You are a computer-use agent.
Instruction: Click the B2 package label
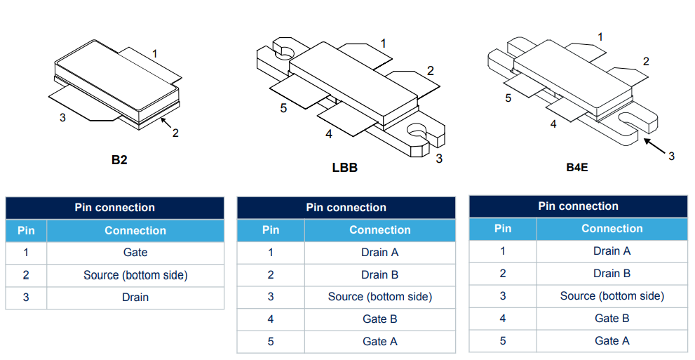tap(119, 160)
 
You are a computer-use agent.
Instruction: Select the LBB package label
tap(344, 168)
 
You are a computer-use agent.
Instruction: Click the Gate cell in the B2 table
tap(135, 253)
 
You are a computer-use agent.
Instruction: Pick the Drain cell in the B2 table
tap(135, 298)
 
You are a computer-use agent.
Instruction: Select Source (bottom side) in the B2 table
tap(135, 275)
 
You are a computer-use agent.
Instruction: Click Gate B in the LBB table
tap(379, 319)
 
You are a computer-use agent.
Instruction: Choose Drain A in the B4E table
tap(612, 251)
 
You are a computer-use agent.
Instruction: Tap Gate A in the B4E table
tap(612, 340)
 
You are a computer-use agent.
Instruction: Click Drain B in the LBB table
tap(379, 274)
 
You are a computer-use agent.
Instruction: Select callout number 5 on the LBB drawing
tap(283, 108)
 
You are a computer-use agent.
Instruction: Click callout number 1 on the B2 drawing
tap(154, 53)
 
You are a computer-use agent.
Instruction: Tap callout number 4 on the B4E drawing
tap(553, 124)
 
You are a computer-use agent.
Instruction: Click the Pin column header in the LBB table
tap(270, 230)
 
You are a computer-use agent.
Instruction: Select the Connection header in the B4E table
tap(612, 229)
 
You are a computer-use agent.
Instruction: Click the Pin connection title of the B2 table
tap(114, 208)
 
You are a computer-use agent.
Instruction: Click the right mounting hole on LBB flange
tap(417, 132)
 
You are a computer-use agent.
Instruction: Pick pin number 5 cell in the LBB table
tap(270, 341)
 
